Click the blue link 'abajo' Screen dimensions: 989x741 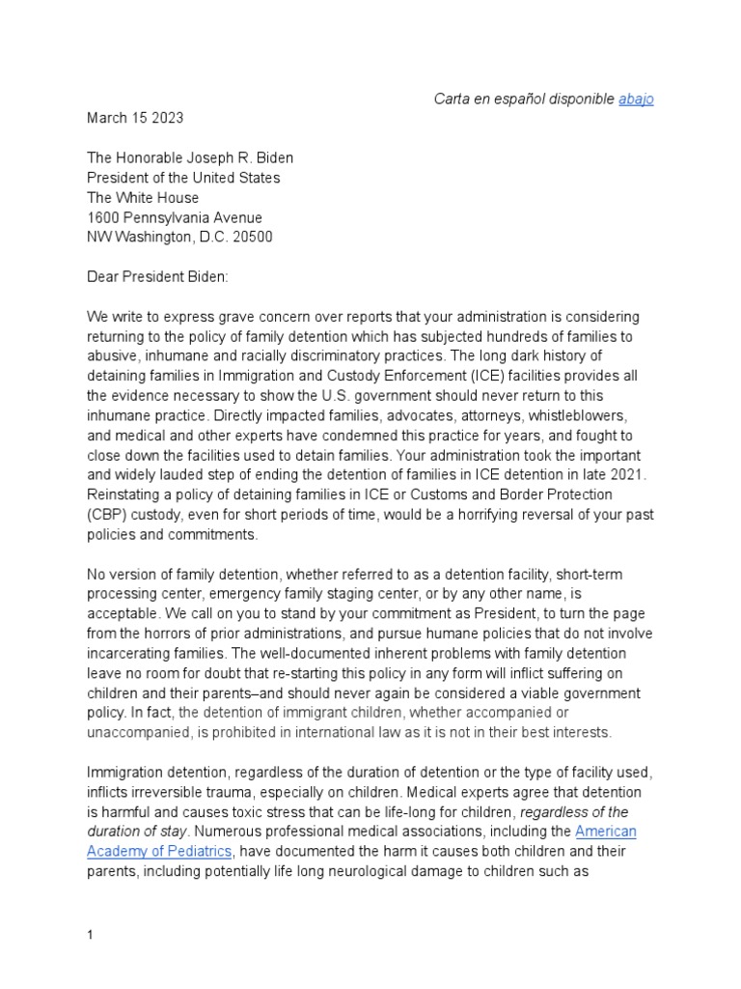(x=636, y=99)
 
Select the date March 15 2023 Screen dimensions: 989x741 (x=135, y=118)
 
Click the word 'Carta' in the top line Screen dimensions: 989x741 (x=453, y=99)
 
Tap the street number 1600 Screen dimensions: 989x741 (x=104, y=218)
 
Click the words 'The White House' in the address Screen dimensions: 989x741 (x=143, y=198)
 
